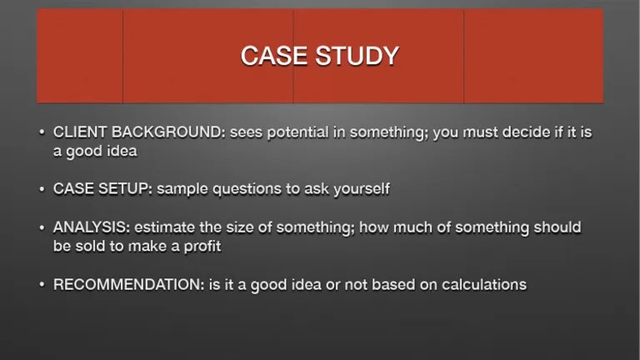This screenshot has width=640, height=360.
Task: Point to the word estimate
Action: click(x=166, y=227)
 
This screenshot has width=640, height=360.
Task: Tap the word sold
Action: click(x=93, y=247)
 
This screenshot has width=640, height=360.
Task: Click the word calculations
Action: click(x=482, y=284)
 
